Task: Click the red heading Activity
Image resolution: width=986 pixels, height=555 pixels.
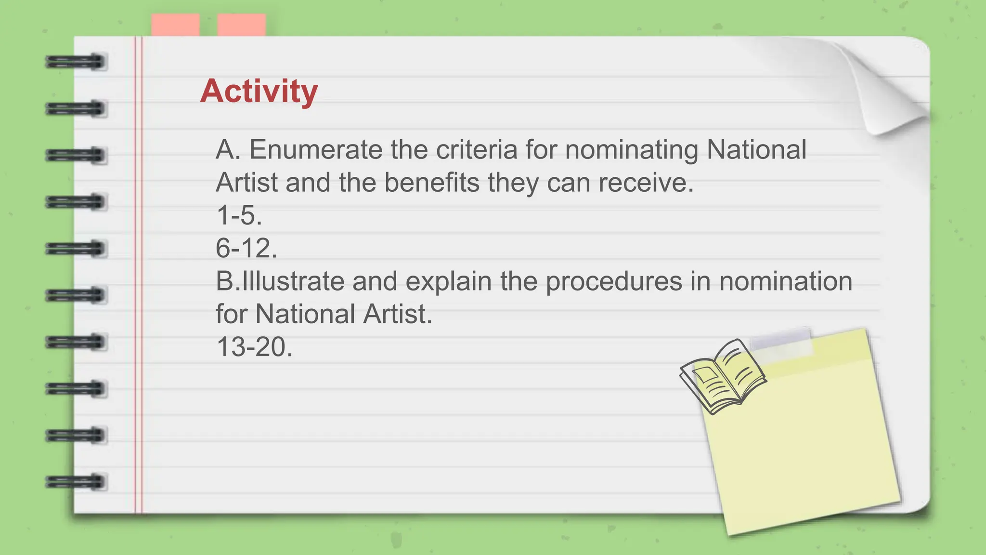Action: tap(259, 91)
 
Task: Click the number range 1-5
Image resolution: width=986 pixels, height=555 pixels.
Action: tap(239, 215)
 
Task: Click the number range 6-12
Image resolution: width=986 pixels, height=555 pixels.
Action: tap(246, 248)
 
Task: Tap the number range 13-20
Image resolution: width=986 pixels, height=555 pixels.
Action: tap(254, 347)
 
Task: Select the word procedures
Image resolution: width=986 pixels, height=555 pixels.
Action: tap(614, 281)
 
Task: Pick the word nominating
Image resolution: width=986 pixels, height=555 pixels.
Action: tap(631, 150)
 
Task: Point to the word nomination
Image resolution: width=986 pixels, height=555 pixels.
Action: tap(785, 281)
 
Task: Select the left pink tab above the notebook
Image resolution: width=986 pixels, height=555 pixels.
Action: tap(175, 25)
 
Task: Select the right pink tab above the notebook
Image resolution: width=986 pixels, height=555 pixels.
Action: tap(241, 25)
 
